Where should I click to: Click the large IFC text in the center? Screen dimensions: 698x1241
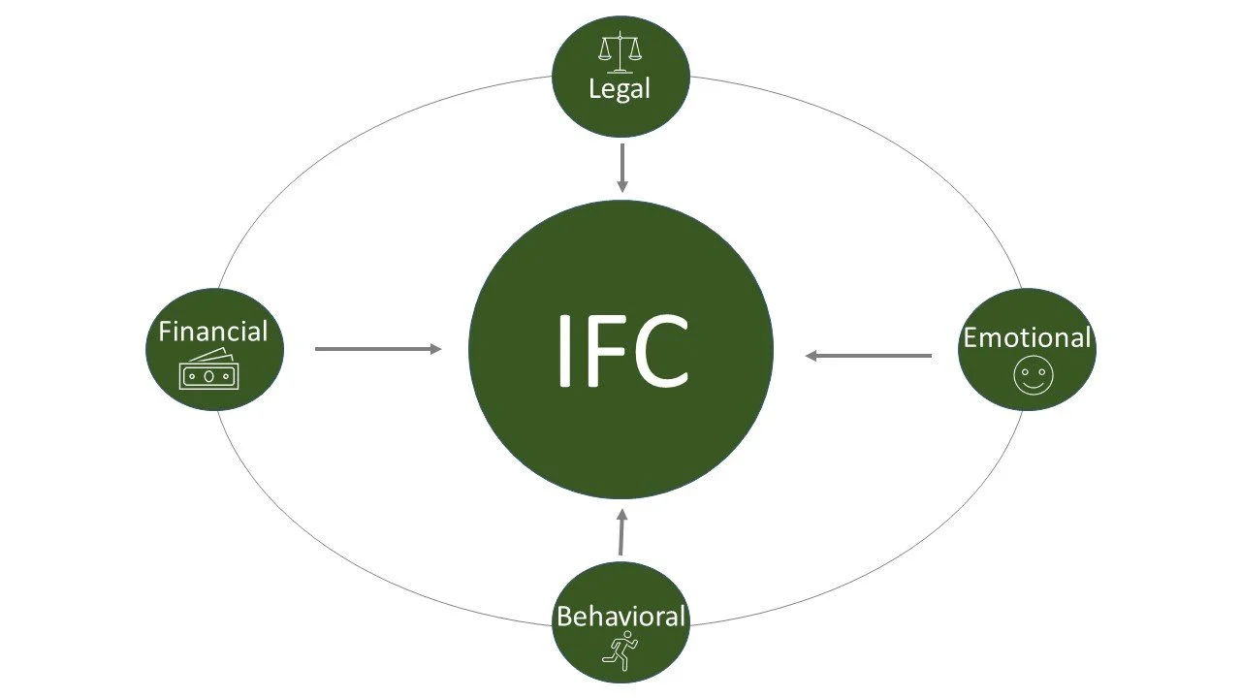621,349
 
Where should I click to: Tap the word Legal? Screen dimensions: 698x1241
620,89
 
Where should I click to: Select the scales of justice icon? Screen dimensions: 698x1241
620,51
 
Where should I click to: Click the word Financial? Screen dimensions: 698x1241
213,332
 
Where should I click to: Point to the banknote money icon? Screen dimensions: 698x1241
209,370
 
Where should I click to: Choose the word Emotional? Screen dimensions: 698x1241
1027,337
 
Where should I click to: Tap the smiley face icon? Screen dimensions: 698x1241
1031,376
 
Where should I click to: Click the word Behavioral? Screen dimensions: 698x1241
620,616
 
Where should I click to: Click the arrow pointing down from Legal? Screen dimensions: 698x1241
622,167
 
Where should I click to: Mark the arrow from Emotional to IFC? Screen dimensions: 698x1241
869,356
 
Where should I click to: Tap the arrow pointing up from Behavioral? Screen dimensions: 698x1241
621,533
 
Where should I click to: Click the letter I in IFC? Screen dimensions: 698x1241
565,349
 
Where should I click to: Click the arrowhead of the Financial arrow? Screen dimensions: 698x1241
436,349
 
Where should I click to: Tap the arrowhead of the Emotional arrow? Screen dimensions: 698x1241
811,356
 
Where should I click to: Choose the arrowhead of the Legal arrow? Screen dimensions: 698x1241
622,186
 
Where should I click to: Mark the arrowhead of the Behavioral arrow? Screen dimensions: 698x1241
622,515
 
